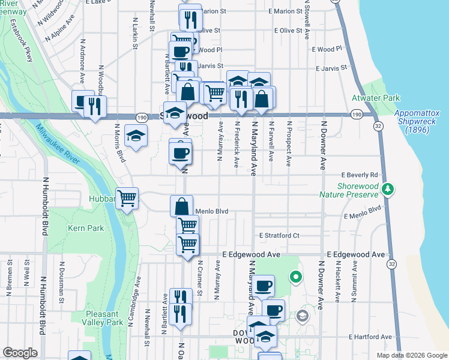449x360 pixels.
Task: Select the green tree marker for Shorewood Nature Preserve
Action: [x=388, y=190]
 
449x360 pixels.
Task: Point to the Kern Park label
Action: [x=86, y=228]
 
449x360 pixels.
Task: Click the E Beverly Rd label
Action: [x=360, y=175]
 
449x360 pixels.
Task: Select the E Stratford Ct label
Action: [x=279, y=235]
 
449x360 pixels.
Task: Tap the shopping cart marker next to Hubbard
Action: [x=127, y=198]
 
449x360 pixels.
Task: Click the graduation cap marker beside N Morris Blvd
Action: [x=136, y=134]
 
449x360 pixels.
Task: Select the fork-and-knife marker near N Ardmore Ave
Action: [x=95, y=106]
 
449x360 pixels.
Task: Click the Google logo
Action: [x=20, y=353]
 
